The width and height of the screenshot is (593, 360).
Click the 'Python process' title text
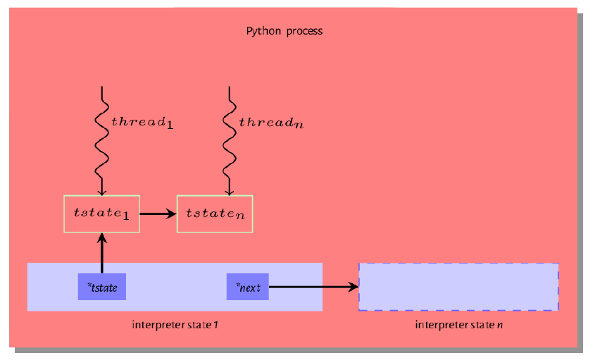pyautogui.click(x=285, y=31)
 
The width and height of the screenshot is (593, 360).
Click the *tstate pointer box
pyautogui.click(x=102, y=287)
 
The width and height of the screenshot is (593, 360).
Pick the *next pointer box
pyautogui.click(x=248, y=287)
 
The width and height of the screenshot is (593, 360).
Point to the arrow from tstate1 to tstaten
pyautogui.click(x=158, y=214)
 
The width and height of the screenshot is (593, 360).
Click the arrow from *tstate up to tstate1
pyautogui.click(x=101, y=253)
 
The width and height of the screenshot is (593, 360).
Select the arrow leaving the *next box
pyautogui.click(x=314, y=287)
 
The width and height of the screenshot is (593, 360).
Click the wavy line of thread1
pyautogui.click(x=101, y=141)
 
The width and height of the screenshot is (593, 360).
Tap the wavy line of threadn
pyautogui.click(x=229, y=141)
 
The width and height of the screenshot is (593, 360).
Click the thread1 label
pyautogui.click(x=142, y=123)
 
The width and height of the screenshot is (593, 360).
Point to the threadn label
pyautogui.click(x=271, y=123)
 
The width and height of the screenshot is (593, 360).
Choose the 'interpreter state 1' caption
pyautogui.click(x=175, y=325)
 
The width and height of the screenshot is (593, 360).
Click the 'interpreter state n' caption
pyautogui.click(x=458, y=325)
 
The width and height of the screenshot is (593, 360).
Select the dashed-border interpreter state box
pyautogui.click(x=458, y=263)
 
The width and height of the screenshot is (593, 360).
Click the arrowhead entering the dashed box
pyautogui.click(x=354, y=287)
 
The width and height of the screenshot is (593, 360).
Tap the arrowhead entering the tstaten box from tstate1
pyautogui.click(x=172, y=214)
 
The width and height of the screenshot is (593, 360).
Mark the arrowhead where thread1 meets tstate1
pyautogui.click(x=101, y=192)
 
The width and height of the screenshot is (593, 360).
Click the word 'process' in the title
pyautogui.click(x=304, y=32)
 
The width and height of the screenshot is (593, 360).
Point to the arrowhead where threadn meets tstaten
pyautogui.click(x=229, y=192)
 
